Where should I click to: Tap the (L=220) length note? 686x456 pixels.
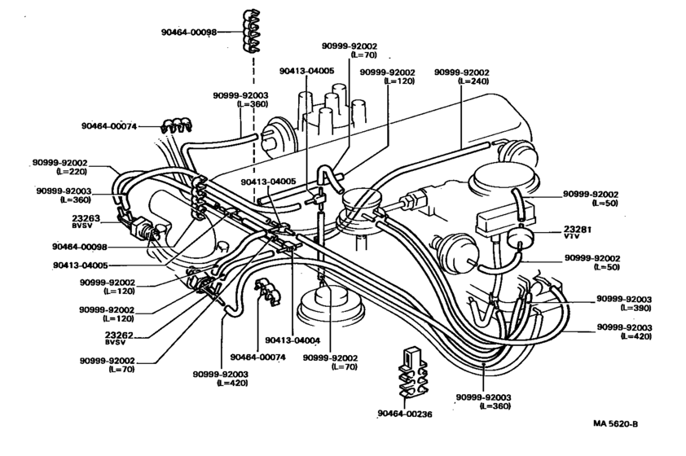pyautogui.click(x=70, y=173)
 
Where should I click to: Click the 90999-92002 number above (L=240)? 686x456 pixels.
pyautogui.click(x=461, y=72)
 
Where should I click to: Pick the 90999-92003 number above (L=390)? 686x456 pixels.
pyautogui.click(x=623, y=299)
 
